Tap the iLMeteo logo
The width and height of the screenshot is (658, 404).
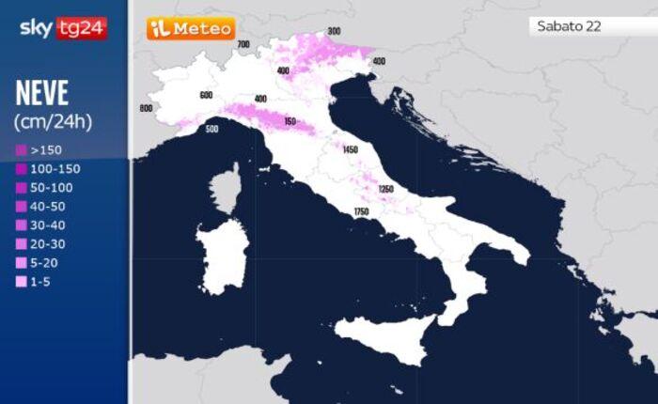(x=191, y=29)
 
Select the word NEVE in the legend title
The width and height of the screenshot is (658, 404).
(x=43, y=94)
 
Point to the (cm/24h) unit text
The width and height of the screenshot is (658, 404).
(x=53, y=121)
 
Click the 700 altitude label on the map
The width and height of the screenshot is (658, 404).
(x=243, y=44)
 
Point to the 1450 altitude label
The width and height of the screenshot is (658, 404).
(x=351, y=150)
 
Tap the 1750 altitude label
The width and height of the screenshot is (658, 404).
(x=361, y=212)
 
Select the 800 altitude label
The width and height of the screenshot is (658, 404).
(x=146, y=108)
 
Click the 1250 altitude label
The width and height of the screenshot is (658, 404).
(x=385, y=189)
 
